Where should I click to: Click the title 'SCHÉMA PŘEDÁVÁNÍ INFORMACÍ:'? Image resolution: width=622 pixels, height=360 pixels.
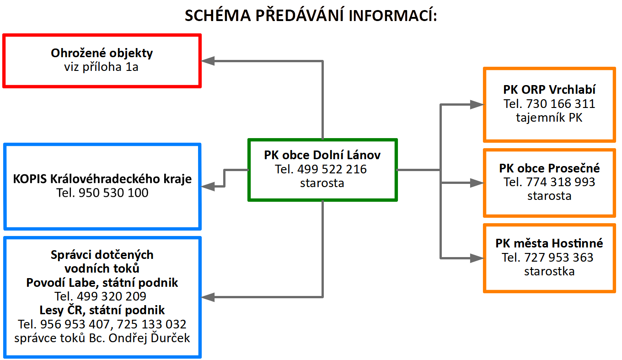point(311,15)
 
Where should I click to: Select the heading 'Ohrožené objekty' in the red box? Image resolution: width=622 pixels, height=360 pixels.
point(102,53)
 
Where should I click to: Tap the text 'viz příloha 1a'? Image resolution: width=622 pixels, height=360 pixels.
point(101,67)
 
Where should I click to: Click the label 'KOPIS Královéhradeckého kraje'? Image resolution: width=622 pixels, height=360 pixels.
point(102,179)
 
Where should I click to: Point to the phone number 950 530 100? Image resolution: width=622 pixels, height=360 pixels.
point(113,193)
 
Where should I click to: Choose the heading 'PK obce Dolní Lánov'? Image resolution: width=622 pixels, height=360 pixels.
point(322,155)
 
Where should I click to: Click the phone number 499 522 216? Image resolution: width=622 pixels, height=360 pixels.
point(332,169)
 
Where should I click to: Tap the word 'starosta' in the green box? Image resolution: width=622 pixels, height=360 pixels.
point(322,183)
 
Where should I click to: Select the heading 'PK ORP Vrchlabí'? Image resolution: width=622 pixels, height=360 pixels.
point(549,90)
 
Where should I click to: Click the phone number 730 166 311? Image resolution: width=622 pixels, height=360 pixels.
point(561,104)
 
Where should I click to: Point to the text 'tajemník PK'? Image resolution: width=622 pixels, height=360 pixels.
point(549,118)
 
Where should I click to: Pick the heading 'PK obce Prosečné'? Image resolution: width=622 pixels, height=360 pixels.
point(549,168)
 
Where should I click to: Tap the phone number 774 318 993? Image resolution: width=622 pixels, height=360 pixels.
point(561,182)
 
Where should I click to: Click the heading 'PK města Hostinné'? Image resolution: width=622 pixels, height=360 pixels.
point(549,243)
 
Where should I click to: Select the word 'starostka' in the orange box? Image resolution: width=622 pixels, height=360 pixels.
point(549,271)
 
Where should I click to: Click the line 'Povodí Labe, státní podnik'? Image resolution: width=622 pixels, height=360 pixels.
point(102,283)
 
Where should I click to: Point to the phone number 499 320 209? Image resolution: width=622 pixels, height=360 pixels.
point(112,296)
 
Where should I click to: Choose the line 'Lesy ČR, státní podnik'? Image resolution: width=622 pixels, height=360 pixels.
point(102,310)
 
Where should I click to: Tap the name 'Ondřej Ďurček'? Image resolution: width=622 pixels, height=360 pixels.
point(149,338)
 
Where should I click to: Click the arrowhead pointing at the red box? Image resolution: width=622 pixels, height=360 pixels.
point(208,61)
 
